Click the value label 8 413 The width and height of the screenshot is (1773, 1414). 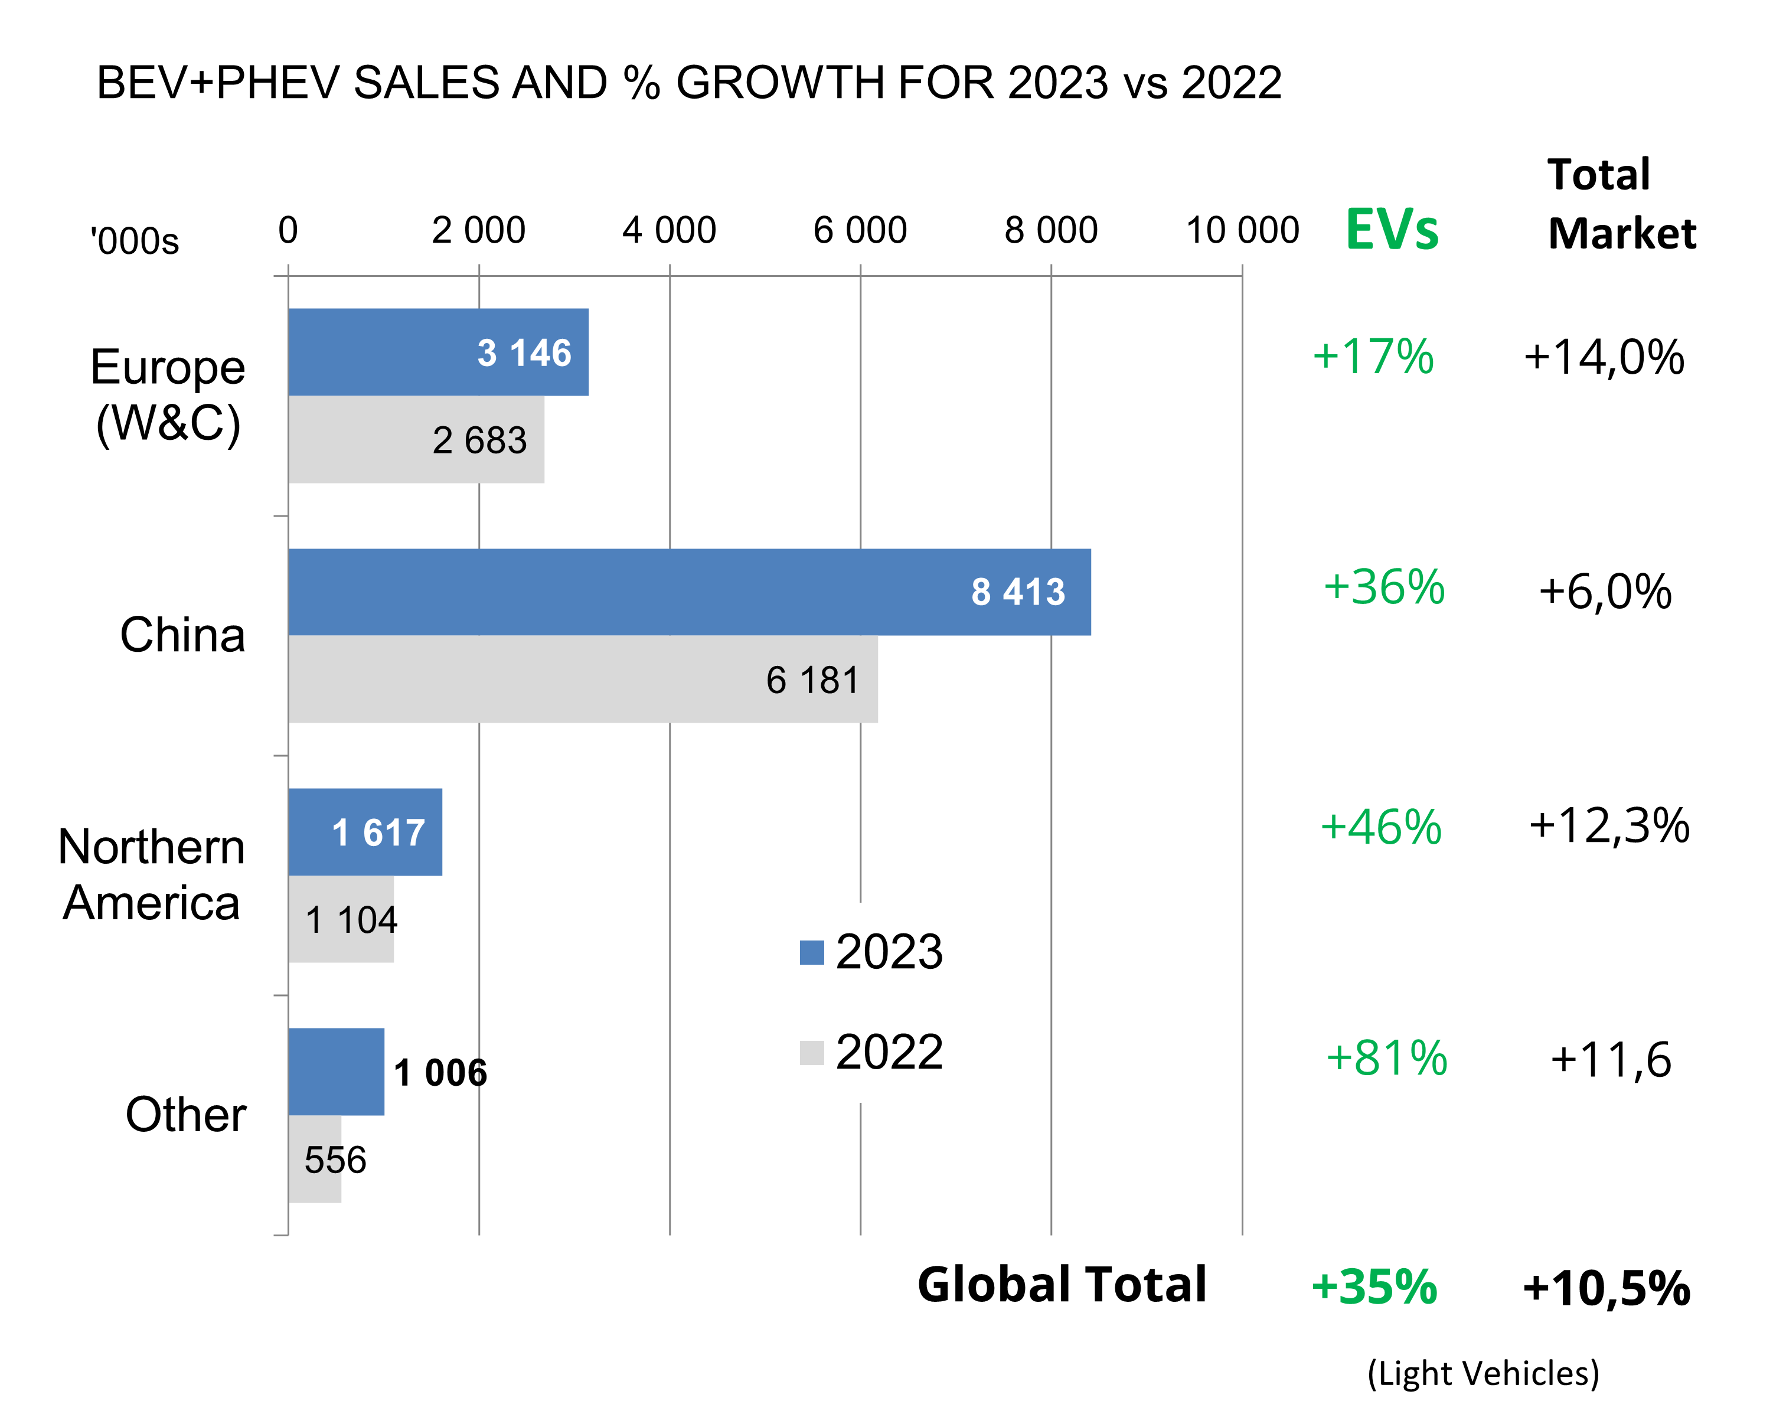pos(1018,592)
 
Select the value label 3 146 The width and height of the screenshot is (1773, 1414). pos(524,353)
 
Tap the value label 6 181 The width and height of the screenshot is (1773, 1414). pos(812,680)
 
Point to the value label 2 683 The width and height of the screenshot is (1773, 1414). pos(479,440)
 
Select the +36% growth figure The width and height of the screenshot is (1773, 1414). pos(1384,587)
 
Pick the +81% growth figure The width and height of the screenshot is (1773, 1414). pos(1386,1058)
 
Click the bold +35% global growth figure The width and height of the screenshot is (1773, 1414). pos(1374,1286)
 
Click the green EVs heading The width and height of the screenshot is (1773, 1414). pos(1392,230)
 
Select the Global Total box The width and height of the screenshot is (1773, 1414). pos(1062,1286)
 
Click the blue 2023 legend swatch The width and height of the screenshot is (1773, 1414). pos(812,952)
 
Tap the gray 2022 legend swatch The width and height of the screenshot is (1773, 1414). pos(812,1053)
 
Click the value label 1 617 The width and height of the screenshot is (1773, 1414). pos(378,832)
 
